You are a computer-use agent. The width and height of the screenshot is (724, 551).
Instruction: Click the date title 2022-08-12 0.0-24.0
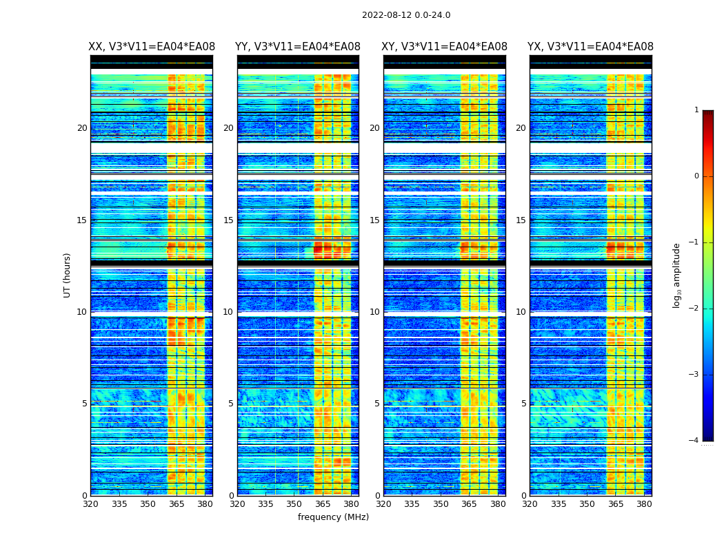click(406, 15)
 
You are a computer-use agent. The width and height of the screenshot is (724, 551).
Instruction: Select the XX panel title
click(152, 47)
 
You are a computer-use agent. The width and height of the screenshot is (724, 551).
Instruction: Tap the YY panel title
click(298, 47)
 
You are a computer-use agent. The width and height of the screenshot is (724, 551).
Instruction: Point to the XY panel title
click(445, 47)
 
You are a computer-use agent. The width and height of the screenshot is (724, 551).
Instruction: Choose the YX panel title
click(590, 47)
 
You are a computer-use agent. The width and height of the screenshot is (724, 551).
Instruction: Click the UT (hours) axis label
click(68, 275)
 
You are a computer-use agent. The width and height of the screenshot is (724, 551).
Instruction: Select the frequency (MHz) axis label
click(333, 517)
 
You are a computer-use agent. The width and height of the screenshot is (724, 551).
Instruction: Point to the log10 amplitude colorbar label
click(677, 275)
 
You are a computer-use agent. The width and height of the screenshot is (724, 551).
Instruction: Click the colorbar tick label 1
click(696, 110)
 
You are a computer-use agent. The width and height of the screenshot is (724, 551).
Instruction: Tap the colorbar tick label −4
click(694, 441)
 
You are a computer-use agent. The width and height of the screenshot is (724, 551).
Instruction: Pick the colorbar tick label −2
click(694, 309)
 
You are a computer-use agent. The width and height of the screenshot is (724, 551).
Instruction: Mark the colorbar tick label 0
click(696, 176)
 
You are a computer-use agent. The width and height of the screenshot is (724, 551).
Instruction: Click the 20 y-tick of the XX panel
click(82, 128)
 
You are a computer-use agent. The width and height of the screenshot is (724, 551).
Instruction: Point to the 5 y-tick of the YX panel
click(524, 404)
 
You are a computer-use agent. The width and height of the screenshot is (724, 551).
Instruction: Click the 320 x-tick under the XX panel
click(90, 504)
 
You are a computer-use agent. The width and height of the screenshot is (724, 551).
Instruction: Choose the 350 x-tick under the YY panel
click(294, 504)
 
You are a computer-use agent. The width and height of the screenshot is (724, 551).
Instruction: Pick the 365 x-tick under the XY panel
click(469, 504)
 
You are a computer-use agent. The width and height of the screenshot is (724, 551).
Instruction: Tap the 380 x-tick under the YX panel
click(644, 504)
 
